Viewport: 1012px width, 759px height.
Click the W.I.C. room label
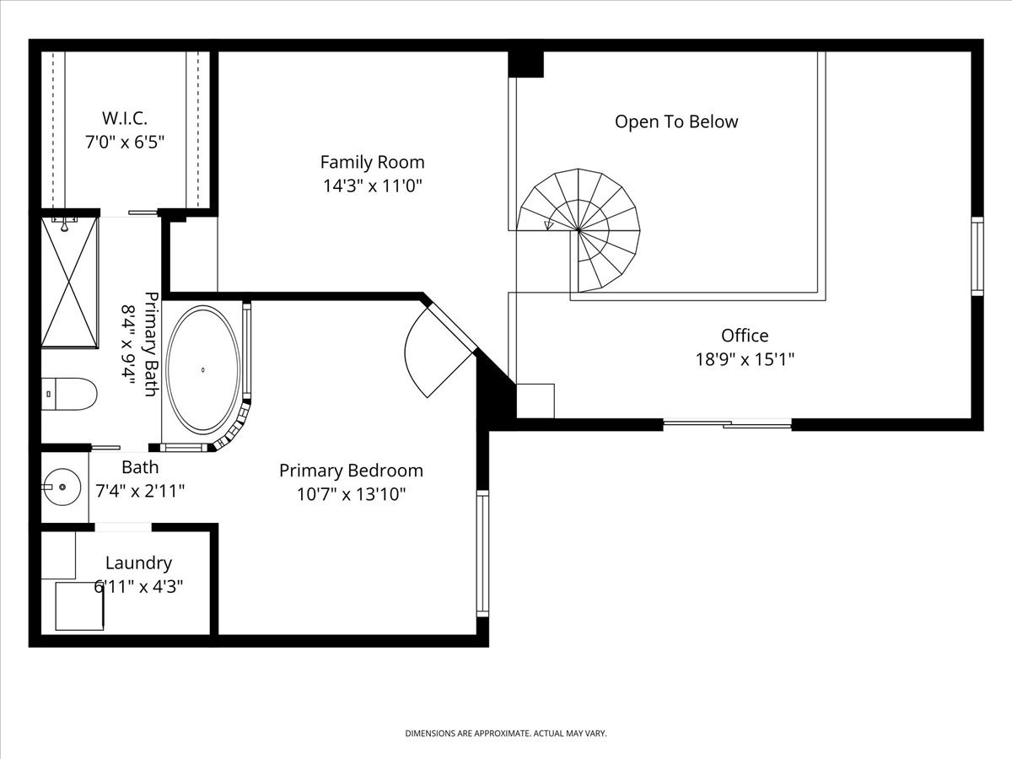(x=125, y=118)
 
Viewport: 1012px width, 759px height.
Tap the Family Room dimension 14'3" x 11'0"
(x=373, y=186)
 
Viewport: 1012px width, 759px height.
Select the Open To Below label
(x=676, y=121)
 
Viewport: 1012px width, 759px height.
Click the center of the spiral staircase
(x=579, y=229)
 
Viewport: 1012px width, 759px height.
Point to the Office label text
(x=745, y=336)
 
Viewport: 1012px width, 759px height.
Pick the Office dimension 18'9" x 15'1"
(x=745, y=359)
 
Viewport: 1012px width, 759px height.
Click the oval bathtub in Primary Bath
(x=203, y=369)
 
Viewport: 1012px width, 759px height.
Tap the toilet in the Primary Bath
(x=69, y=394)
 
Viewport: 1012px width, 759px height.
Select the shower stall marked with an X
(x=70, y=283)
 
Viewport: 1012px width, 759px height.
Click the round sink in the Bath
(x=62, y=487)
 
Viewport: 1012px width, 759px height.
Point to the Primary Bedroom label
(x=351, y=471)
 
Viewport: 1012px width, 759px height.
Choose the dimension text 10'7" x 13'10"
(x=351, y=494)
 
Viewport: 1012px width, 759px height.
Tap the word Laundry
(x=138, y=563)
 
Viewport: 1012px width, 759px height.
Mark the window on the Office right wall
(x=977, y=256)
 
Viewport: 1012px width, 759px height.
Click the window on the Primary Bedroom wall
(x=482, y=553)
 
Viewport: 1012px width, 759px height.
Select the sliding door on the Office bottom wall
(x=728, y=424)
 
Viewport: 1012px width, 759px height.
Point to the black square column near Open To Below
(x=525, y=64)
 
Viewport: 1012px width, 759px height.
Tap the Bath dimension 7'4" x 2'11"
(x=140, y=492)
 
